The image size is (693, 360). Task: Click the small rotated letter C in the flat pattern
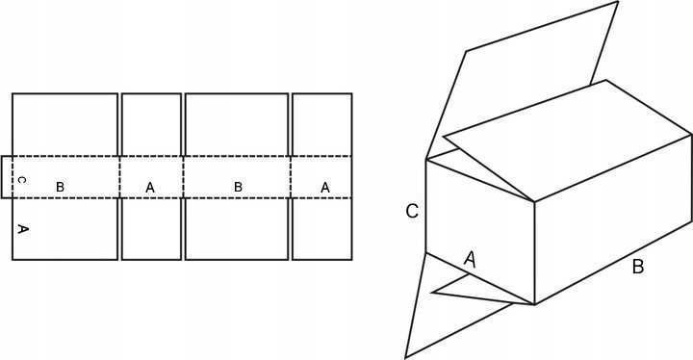tap(23, 180)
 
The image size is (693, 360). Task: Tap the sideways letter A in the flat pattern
tap(23, 229)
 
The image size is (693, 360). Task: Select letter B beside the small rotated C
tap(60, 187)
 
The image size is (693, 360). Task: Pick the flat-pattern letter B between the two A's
tap(238, 187)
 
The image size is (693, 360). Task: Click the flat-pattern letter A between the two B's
tap(150, 188)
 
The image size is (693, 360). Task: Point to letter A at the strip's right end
tap(325, 188)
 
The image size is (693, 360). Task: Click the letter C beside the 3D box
tap(412, 212)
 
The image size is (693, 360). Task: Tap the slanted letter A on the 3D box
tap(471, 259)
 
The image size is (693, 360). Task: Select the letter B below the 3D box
tap(638, 268)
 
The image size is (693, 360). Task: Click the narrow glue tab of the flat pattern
tap(7, 177)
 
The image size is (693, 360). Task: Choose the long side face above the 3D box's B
tap(613, 219)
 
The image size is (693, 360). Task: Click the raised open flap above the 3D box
tap(522, 80)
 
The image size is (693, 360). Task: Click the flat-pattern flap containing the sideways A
tap(65, 229)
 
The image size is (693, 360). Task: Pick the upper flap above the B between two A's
tap(237, 124)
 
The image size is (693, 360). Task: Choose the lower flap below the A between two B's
tap(152, 229)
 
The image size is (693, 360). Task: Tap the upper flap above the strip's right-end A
tap(322, 124)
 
